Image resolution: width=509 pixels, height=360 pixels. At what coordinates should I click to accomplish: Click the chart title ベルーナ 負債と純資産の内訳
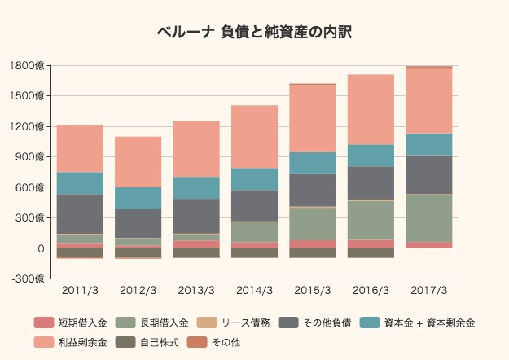[254, 33]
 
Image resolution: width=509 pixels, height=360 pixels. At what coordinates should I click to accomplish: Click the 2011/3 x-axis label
[80, 291]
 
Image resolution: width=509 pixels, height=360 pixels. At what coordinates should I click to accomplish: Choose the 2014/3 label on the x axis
[254, 291]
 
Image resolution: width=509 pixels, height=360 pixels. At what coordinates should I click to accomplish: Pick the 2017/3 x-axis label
[428, 291]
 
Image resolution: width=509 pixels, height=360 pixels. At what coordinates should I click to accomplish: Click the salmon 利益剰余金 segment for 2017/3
[428, 101]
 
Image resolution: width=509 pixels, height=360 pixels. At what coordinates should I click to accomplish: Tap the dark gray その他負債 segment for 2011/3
[80, 213]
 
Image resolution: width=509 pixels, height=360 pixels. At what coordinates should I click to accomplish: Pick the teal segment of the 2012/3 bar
[138, 198]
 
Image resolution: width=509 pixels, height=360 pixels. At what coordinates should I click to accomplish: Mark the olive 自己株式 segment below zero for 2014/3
[254, 252]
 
